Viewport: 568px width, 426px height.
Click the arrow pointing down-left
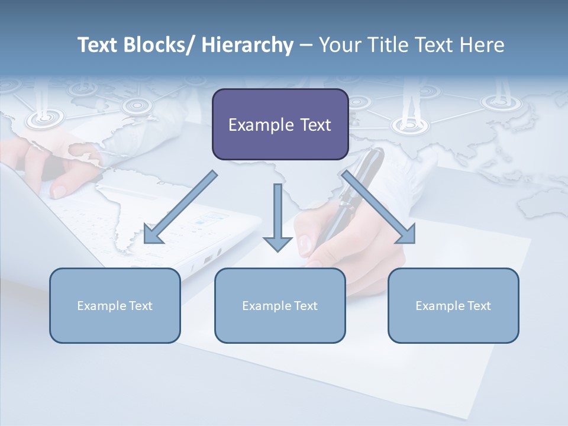(180, 207)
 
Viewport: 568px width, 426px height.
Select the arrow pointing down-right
(379, 207)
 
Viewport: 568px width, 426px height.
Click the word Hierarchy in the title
(247, 45)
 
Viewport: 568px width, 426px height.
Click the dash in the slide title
(306, 45)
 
